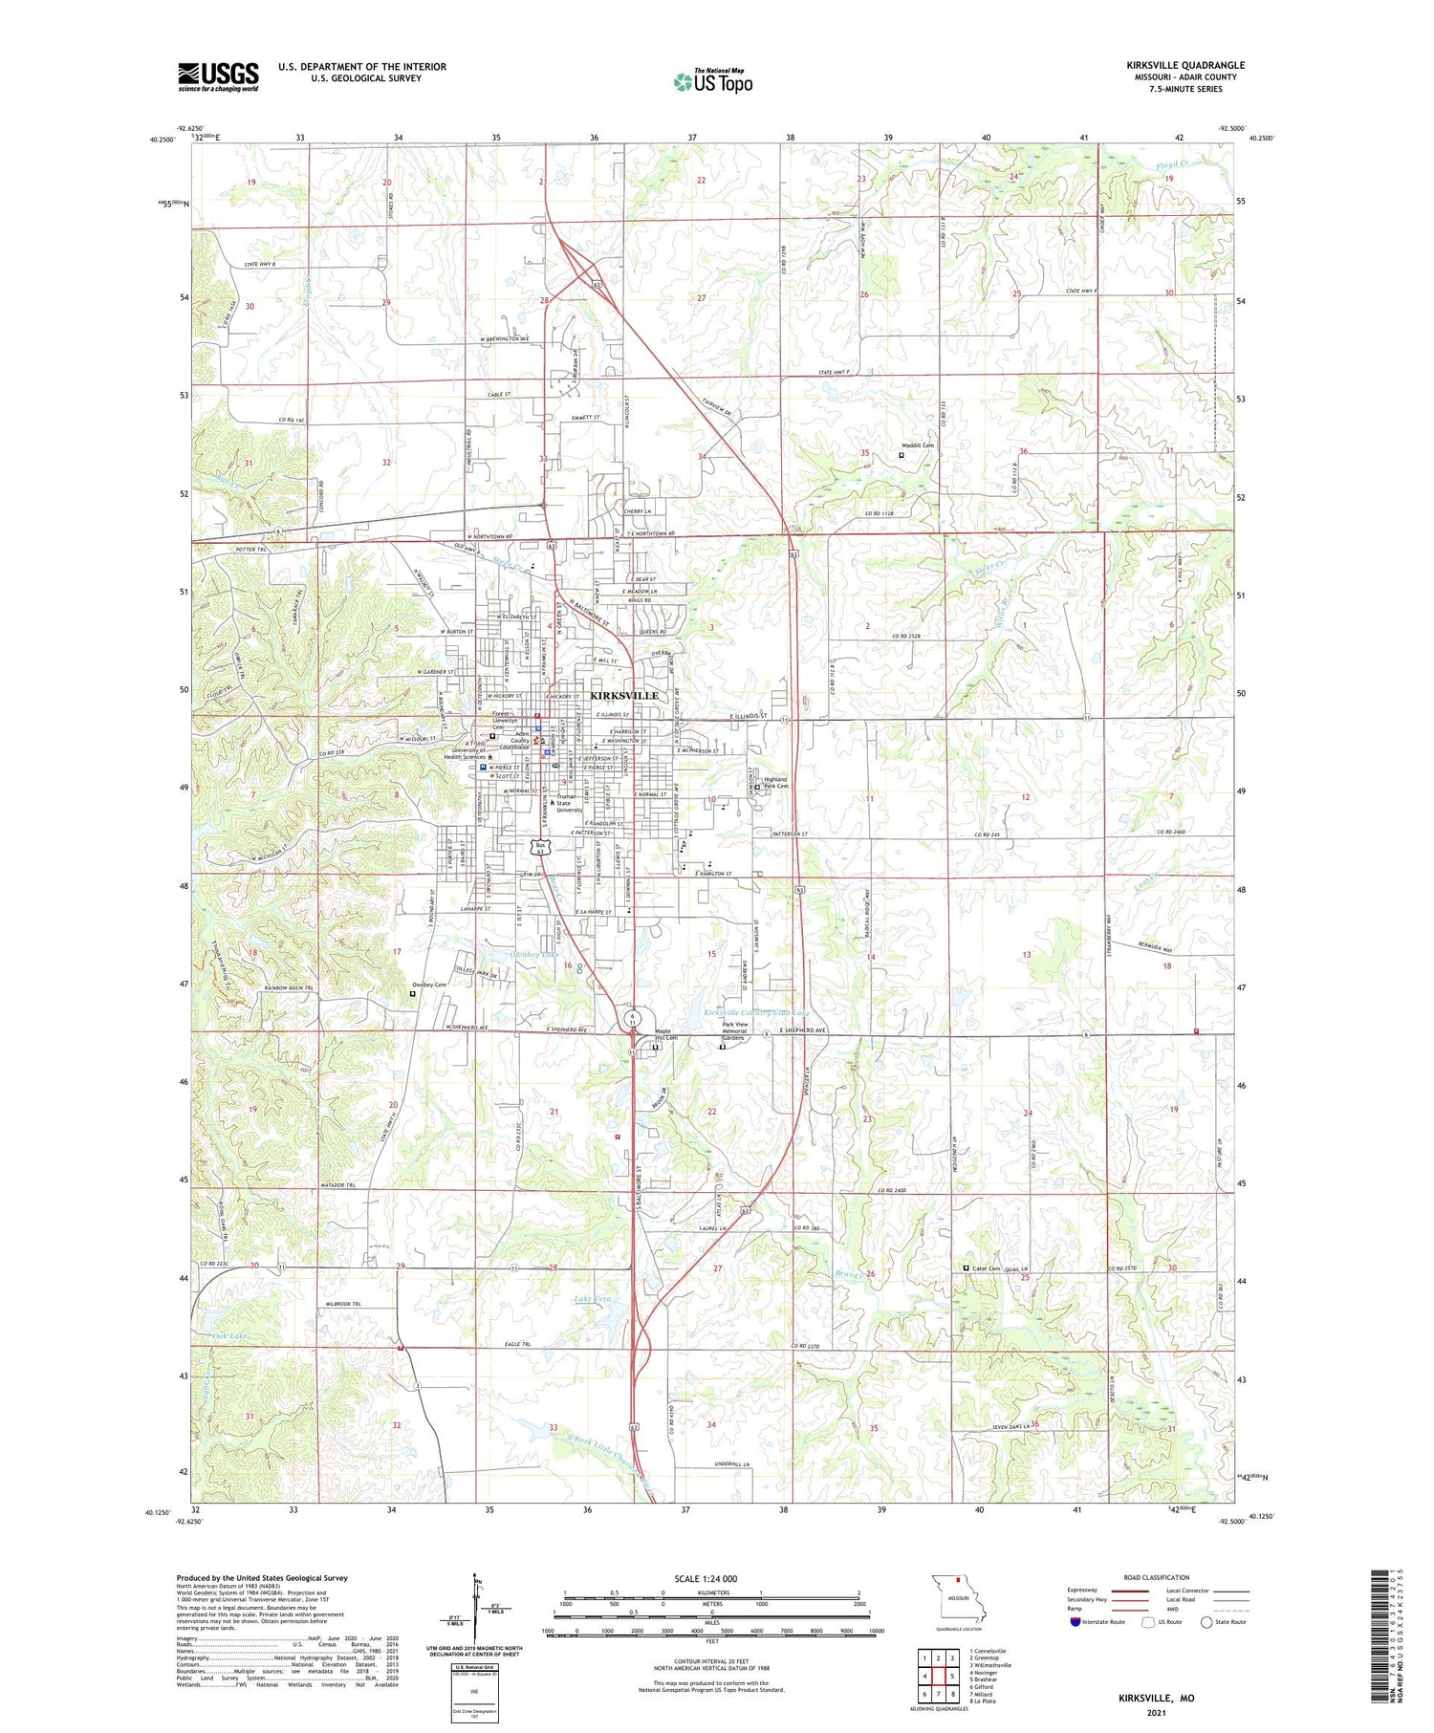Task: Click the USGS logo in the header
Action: point(218,76)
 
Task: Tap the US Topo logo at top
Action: point(713,81)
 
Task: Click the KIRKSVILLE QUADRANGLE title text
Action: point(1184,65)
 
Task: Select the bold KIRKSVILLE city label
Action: point(623,695)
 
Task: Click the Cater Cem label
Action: point(987,1268)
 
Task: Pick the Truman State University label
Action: point(569,803)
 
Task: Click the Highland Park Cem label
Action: point(776,782)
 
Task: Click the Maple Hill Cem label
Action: point(664,1034)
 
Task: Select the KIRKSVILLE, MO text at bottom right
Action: point(1156,1698)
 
